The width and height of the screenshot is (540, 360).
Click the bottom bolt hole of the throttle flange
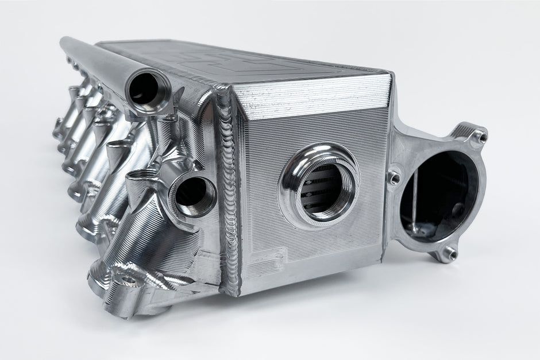(x=451, y=253)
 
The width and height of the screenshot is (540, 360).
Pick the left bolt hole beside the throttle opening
(x=394, y=178)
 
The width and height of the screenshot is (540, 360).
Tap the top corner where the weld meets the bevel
(x=221, y=86)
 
